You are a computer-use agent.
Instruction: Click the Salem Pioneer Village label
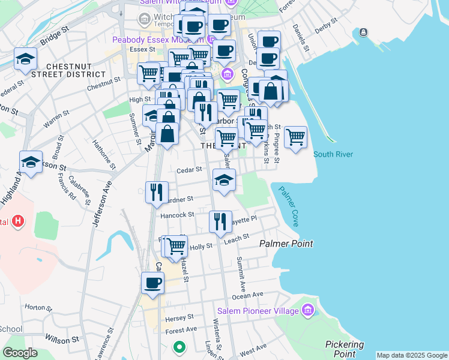(262, 311)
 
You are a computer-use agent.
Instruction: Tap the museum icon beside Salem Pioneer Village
(308, 311)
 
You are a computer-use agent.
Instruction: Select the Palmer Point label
(286, 244)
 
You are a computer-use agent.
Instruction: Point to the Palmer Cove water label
(288, 206)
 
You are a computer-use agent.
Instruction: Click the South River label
(333, 154)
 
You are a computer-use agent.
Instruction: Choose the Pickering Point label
(345, 349)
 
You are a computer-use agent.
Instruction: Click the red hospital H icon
(19, 221)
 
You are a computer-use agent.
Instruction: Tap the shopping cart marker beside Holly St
(176, 245)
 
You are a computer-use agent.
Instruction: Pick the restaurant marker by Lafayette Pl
(220, 221)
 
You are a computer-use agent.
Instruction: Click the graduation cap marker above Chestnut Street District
(26, 58)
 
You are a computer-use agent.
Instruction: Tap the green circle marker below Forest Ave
(178, 346)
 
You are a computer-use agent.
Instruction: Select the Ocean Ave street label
(248, 296)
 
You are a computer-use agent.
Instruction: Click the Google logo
(20, 353)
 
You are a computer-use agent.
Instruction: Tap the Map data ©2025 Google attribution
(412, 355)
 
